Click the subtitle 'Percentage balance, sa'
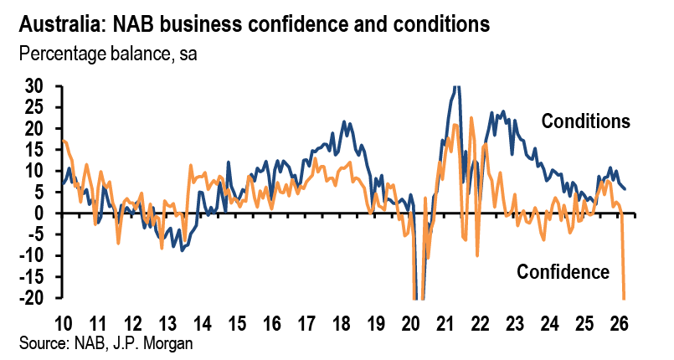pos(106,56)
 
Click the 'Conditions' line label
pos(585,121)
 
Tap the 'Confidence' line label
pos(562,271)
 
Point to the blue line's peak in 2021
pos(455,87)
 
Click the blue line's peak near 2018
pos(343,122)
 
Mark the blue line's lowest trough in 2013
pos(182,250)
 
